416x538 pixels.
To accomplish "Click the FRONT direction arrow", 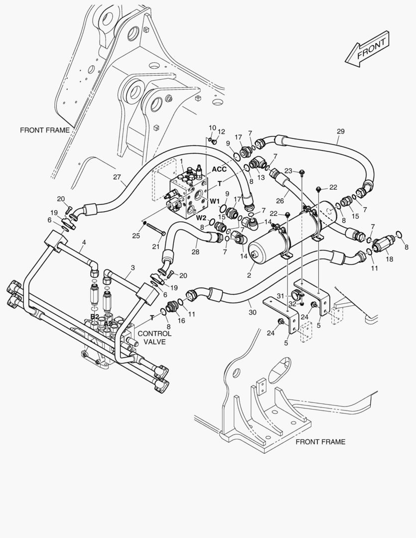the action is pos(367,49).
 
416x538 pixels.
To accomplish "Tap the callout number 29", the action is pos(340,131).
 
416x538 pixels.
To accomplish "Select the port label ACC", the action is pos(219,169).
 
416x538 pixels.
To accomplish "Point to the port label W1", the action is pos(215,201).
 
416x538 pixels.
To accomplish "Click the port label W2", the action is pos(201,217).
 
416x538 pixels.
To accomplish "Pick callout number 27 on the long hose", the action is pos(117,177).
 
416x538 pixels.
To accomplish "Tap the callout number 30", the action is pos(252,312).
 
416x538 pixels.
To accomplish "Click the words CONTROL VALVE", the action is pos(154,338).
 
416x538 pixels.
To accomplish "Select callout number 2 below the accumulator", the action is pos(249,275).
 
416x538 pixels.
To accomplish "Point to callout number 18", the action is pos(389,259).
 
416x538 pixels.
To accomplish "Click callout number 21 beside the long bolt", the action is pos(156,247).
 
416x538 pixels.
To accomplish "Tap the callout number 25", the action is pos(136,236).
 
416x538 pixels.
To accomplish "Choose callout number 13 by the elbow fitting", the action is pos(261,177).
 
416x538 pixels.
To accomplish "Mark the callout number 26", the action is pos(280,201).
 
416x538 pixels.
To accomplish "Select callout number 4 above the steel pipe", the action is pos(84,242).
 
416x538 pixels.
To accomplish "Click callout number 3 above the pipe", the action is pos(133,268).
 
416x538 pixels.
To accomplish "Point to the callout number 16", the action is pos(181,320).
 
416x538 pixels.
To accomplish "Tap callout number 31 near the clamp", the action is pos(281,296).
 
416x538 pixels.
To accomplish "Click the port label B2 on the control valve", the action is pos(95,316).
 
